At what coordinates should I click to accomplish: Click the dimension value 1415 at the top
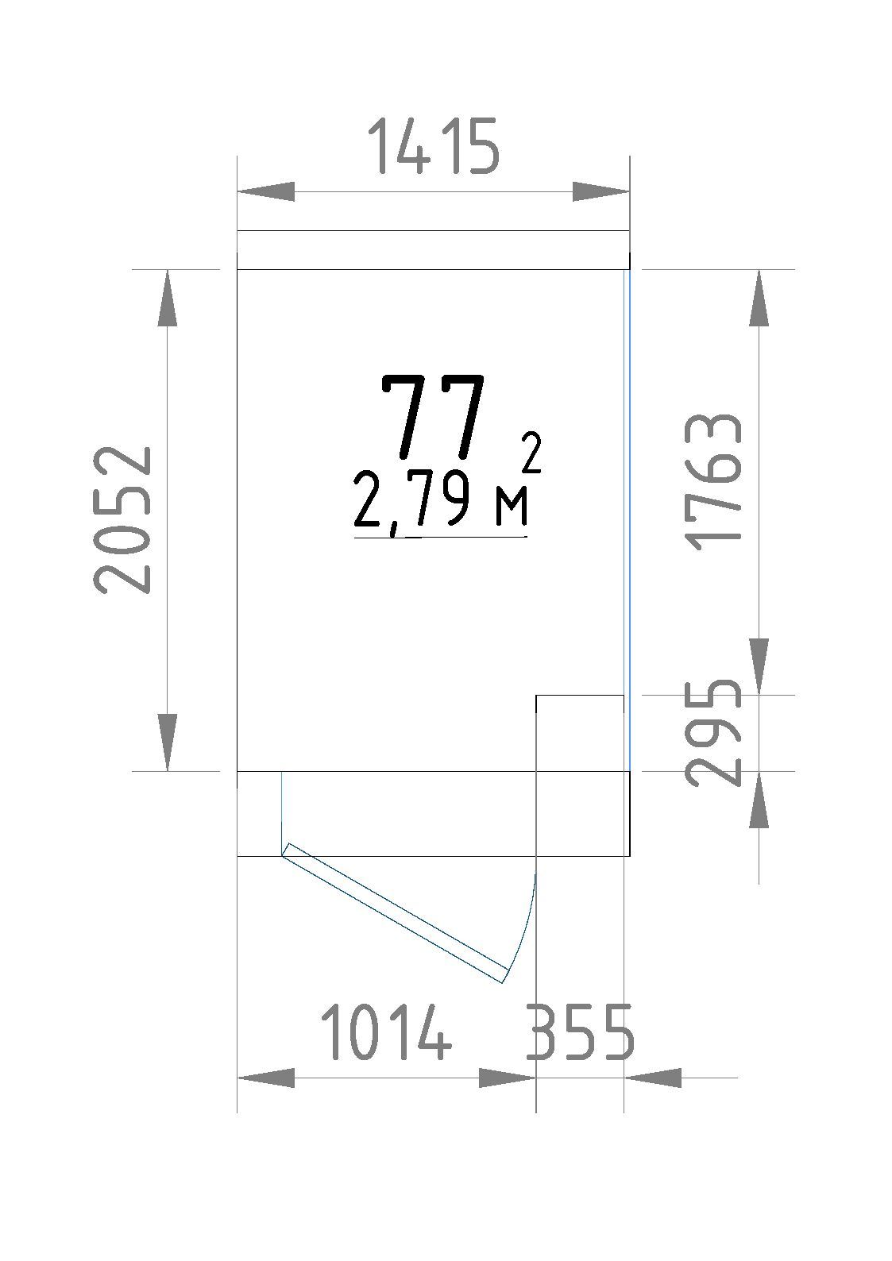(434, 145)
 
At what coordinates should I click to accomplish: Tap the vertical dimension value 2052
(122, 520)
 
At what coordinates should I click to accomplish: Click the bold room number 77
(433, 417)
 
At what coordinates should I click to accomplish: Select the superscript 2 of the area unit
(531, 452)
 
